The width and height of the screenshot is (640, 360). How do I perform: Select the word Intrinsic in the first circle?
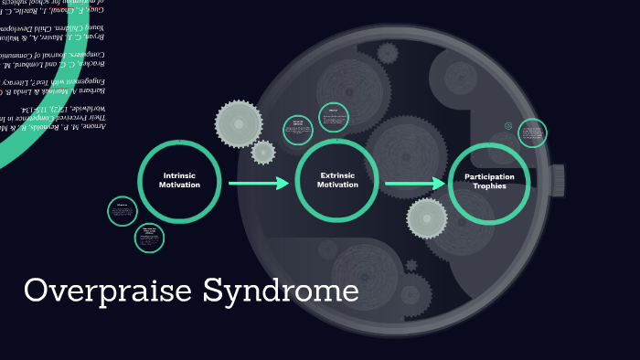point(179,175)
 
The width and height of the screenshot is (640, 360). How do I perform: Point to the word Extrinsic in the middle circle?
point(336,175)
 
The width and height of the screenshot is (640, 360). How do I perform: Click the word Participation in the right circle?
point(489,176)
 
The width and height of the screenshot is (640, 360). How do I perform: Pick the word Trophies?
point(489,186)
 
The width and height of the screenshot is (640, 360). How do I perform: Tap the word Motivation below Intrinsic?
point(179,185)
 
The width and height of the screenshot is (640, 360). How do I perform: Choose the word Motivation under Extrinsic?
point(337,185)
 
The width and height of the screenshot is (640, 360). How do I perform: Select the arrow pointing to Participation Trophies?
point(415,184)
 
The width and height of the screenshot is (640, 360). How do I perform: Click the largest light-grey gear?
point(239,124)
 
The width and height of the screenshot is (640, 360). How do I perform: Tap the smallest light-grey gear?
point(263,153)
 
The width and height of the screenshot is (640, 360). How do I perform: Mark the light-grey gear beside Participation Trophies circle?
point(427,218)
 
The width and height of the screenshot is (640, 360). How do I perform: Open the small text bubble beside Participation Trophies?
point(531,133)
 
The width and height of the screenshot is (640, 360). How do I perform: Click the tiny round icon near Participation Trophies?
point(508,126)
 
